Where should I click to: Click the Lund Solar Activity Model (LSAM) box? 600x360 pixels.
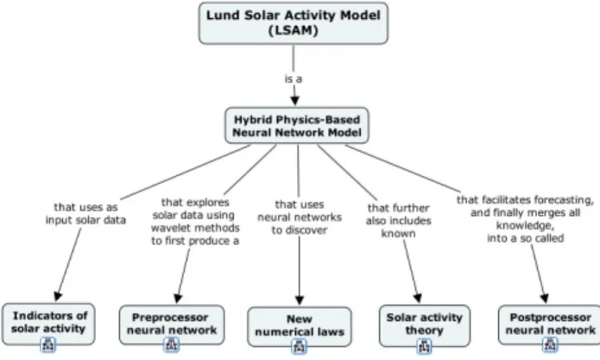(x=294, y=23)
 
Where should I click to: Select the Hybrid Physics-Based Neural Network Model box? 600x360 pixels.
(x=297, y=125)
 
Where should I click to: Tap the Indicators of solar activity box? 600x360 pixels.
(x=48, y=323)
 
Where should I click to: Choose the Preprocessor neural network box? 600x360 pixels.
(x=172, y=325)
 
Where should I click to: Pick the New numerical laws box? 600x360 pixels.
(x=300, y=326)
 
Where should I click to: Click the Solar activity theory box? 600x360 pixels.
(x=425, y=325)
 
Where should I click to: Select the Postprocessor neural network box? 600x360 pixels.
(x=550, y=325)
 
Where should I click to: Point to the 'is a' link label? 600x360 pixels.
(x=294, y=79)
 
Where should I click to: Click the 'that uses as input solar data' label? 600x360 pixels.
(x=85, y=213)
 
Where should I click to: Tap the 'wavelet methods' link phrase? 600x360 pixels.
(x=195, y=228)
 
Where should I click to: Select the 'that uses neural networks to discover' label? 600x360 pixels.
(x=300, y=218)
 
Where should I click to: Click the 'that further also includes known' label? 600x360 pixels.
(x=398, y=221)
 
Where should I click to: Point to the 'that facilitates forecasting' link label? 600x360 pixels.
(x=525, y=199)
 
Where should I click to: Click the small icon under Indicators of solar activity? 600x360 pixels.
(x=48, y=344)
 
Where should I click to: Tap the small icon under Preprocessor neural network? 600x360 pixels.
(x=171, y=344)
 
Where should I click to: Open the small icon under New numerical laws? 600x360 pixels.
(x=299, y=346)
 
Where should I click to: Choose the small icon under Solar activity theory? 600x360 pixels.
(x=424, y=346)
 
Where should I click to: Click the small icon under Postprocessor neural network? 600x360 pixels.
(x=550, y=344)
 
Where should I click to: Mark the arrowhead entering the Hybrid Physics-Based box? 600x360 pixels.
(x=294, y=101)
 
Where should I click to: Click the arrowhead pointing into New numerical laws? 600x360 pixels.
(x=300, y=300)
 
